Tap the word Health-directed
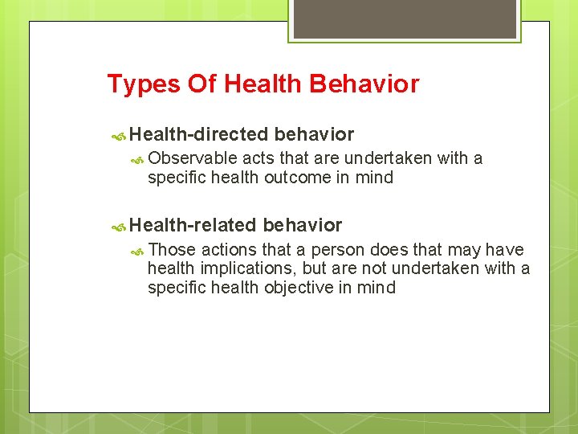tap(198, 134)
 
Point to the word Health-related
tap(193, 225)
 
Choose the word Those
tap(172, 250)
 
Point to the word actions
tap(229, 250)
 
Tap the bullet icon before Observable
tap(138, 159)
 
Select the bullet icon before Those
tap(138, 251)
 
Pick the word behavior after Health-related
tap(302, 225)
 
